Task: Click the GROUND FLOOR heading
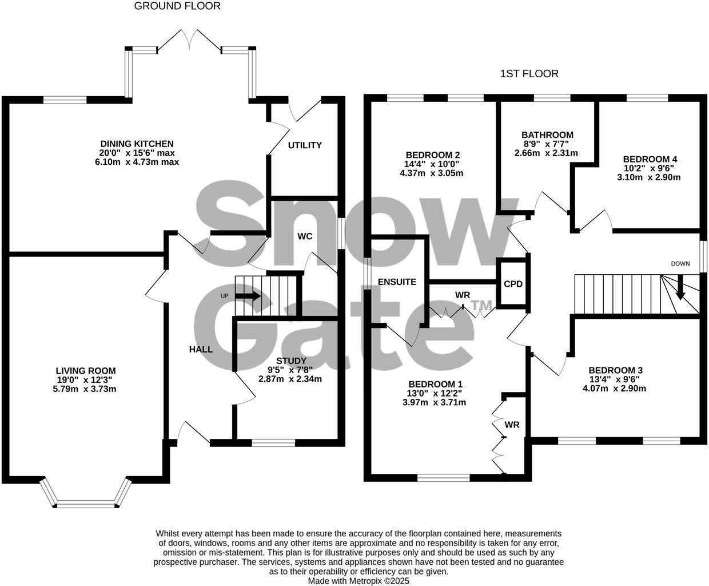(177, 6)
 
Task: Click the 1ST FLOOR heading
(529, 74)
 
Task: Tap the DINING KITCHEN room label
(137, 144)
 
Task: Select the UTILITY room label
(304, 145)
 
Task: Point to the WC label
(304, 236)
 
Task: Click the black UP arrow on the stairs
(248, 296)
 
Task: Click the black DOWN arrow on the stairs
(680, 288)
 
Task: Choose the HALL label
(201, 349)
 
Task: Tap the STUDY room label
(291, 361)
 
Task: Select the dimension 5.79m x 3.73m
(86, 389)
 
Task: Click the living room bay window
(86, 504)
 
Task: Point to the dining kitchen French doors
(189, 40)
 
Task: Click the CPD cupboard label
(513, 284)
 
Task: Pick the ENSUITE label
(397, 282)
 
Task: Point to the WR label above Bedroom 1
(463, 295)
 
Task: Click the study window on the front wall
(273, 442)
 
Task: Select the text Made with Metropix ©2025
(359, 580)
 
